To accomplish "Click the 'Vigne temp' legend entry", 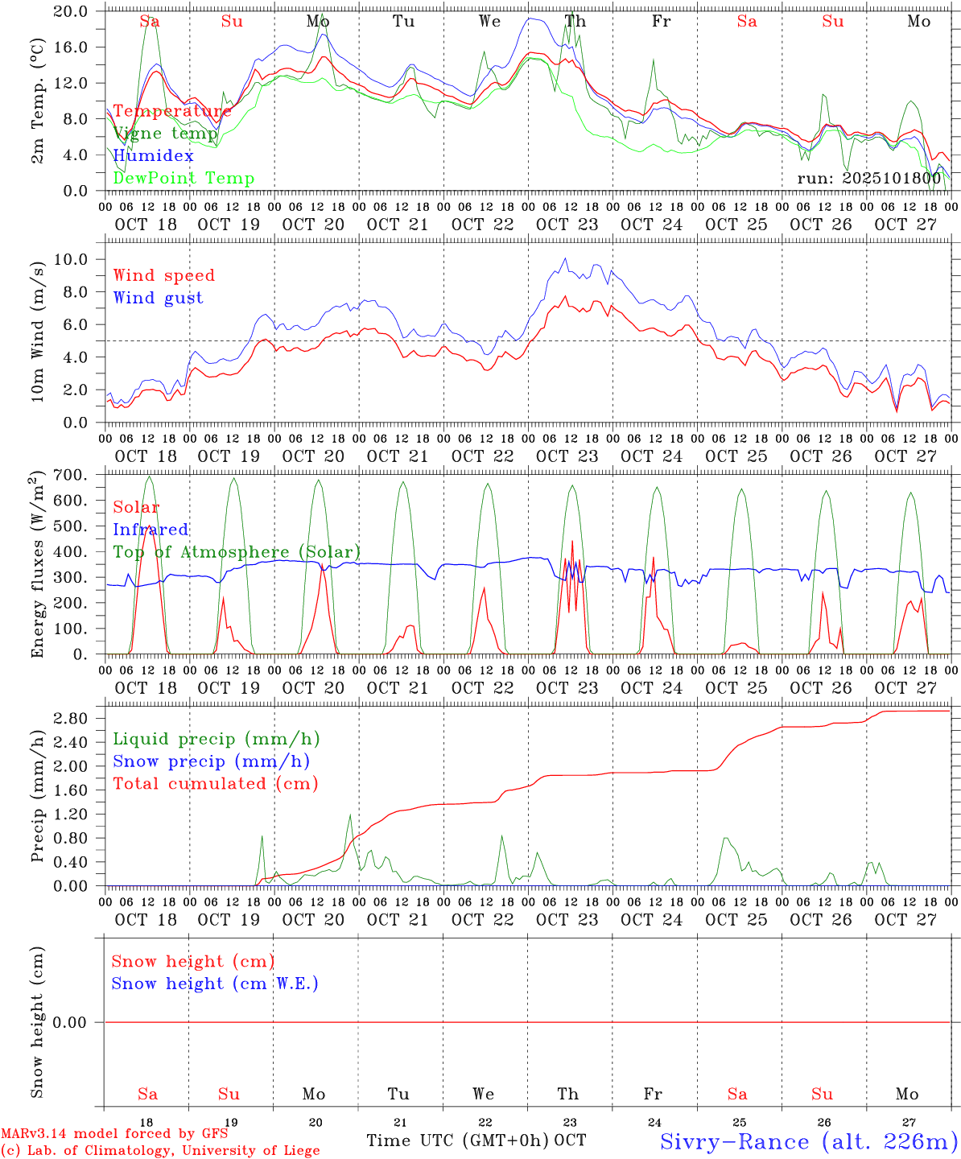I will [165, 134].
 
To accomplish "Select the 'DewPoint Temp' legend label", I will [184, 179].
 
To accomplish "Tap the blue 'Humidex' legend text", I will [153, 156].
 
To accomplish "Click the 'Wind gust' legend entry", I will [158, 298].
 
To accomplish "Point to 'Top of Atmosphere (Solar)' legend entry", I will [237, 552].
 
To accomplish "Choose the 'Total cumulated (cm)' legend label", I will [215, 783].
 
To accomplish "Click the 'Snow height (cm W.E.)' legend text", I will [215, 984].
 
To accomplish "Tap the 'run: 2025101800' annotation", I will [868, 179].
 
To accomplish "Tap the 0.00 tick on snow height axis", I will [72, 1022].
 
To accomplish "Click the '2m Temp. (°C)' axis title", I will [37, 101].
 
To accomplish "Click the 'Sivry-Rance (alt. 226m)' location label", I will [808, 1141].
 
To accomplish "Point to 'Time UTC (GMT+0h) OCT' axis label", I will [476, 1140].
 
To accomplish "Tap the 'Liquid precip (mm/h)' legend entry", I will [216, 739].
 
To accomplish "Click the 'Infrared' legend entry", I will [151, 530].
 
